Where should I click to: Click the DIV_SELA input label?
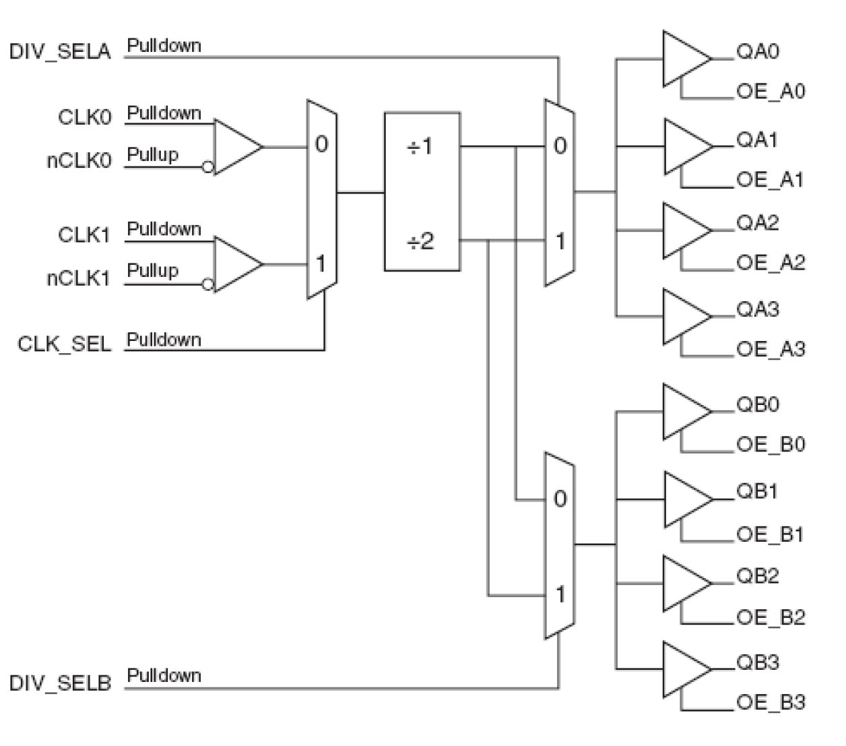click(59, 52)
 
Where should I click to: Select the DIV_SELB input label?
click(59, 683)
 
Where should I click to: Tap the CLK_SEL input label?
click(64, 344)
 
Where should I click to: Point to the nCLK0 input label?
click(79, 162)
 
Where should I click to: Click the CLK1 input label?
click(84, 235)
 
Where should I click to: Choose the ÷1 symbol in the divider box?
click(420, 146)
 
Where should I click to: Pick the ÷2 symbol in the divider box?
click(420, 241)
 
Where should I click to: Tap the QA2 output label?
click(757, 223)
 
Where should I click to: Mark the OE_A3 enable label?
click(770, 349)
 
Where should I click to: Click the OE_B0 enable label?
click(770, 445)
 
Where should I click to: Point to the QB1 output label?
click(757, 491)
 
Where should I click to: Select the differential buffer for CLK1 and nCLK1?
click(236, 264)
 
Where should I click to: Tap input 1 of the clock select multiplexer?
click(321, 263)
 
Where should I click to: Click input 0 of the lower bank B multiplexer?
click(560, 499)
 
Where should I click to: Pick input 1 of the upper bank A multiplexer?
click(560, 241)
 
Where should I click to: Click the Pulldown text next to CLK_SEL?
click(164, 340)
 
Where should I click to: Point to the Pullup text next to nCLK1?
click(153, 271)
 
